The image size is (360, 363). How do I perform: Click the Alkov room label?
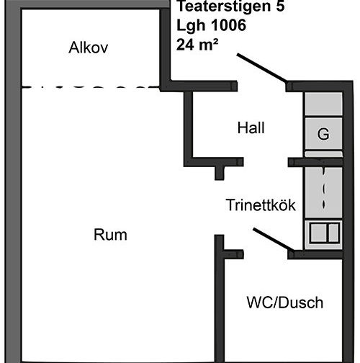[89, 48]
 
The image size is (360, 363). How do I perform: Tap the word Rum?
[110, 235]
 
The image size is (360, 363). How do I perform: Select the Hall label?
[251, 127]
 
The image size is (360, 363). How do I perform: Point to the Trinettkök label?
[261, 205]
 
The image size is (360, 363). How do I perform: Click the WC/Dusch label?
[285, 302]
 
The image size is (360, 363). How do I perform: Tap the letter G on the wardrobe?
[323, 134]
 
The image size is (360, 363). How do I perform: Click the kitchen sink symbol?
[325, 233]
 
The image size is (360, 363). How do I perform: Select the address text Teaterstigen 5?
[230, 6]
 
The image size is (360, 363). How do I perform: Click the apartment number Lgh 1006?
[211, 25]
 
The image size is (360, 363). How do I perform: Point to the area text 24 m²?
[197, 45]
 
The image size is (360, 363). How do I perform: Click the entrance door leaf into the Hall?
[262, 68]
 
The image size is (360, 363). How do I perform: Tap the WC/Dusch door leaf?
[274, 240]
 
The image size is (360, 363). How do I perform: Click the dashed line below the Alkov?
[91, 86]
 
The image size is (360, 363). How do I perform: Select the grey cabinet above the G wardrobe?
[323, 104]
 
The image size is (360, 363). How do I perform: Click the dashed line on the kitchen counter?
[324, 189]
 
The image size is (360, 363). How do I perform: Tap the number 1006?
[229, 25]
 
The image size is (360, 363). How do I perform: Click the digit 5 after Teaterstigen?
[280, 6]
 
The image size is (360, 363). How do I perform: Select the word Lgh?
[192, 25]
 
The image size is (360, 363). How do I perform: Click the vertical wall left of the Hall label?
[189, 129]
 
